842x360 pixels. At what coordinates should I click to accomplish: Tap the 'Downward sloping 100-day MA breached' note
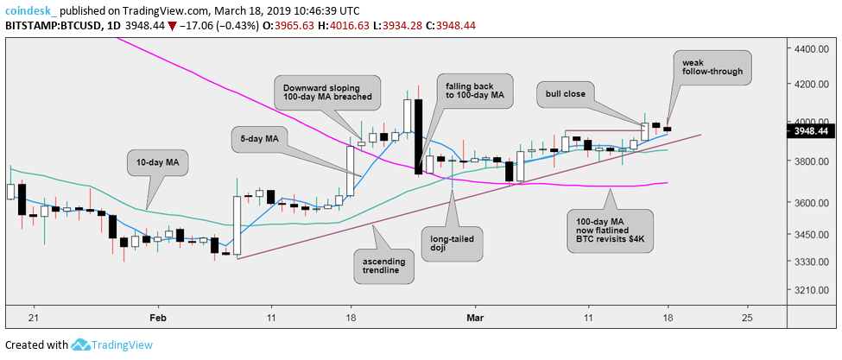[x=326, y=91]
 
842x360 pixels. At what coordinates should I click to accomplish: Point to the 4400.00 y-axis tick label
[x=811, y=49]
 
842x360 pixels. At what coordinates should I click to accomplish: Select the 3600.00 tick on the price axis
[x=811, y=203]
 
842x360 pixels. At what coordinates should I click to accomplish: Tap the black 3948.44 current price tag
[x=811, y=131]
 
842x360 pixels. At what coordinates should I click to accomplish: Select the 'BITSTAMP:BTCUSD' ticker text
[x=51, y=23]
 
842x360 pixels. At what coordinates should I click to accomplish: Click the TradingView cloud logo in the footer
[x=82, y=344]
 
